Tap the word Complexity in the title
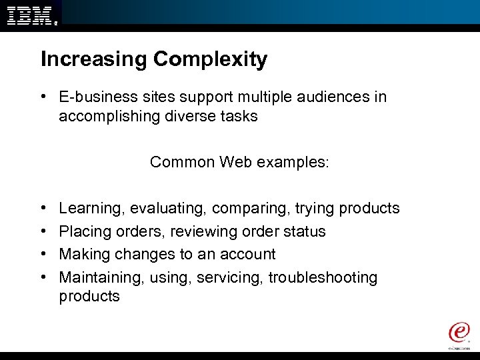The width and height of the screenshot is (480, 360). [211, 60]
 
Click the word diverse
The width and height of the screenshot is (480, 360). [178, 116]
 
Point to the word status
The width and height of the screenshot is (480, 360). [304, 232]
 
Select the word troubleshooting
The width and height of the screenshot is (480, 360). [323, 277]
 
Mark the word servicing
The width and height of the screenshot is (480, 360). [231, 277]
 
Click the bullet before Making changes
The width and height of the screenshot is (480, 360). [43, 255]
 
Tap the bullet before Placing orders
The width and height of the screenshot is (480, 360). [43, 232]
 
